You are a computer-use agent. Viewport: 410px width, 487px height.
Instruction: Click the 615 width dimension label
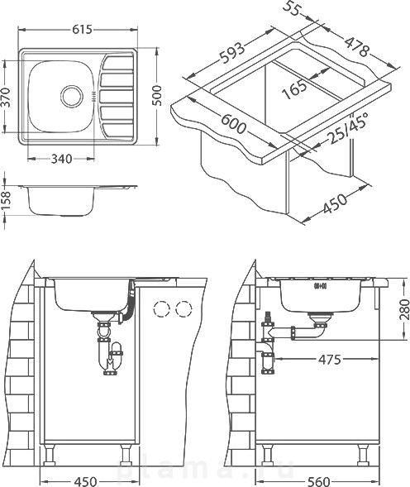tap(83, 30)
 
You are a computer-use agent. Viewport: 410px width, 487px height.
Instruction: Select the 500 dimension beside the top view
tap(158, 95)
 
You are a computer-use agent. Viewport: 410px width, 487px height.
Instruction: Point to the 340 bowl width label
tap(61, 159)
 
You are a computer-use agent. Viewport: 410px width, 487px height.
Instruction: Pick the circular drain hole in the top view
tap(72, 95)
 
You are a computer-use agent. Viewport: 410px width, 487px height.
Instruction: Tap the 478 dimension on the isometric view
tap(357, 47)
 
